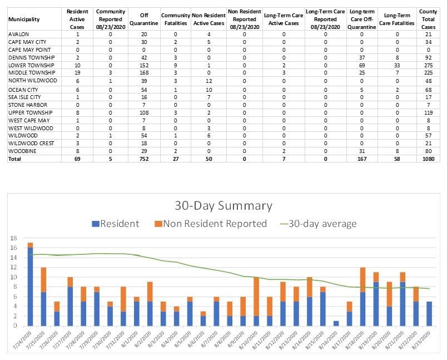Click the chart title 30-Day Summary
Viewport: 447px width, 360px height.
[x=222, y=206]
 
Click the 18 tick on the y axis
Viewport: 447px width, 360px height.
[x=14, y=238]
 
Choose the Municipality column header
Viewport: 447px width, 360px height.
[x=24, y=19]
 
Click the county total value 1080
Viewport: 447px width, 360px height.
[x=427, y=158]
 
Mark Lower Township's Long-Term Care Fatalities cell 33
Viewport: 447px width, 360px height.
[x=397, y=65]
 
